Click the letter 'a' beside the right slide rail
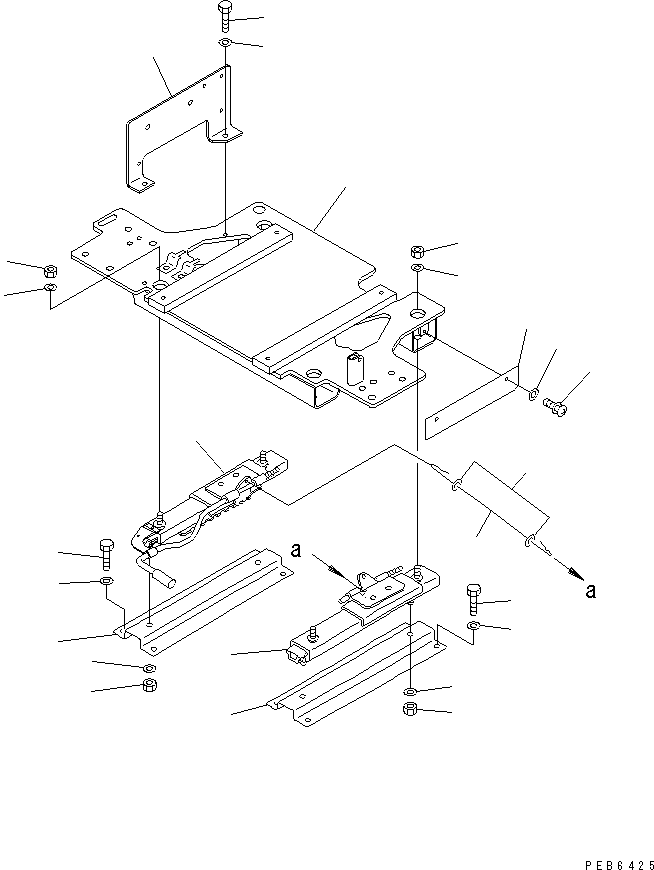[296, 549]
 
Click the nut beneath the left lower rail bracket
[148, 685]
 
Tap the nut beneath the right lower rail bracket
[411, 710]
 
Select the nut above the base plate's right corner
[418, 250]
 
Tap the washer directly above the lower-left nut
[148, 667]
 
